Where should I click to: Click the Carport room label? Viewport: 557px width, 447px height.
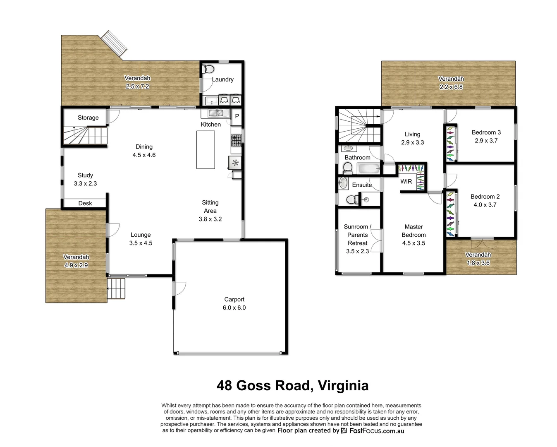point(234,299)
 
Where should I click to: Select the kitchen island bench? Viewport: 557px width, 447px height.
point(206,149)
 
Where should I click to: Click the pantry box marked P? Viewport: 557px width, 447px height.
point(237,116)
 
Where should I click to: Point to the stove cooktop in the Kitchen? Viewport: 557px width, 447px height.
point(236,141)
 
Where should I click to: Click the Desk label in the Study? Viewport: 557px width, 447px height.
point(85,203)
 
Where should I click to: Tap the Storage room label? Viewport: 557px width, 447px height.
point(88,118)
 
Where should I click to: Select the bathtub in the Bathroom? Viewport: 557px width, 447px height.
point(369,169)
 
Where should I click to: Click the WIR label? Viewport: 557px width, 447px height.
point(406,181)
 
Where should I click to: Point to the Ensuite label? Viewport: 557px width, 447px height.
point(362,185)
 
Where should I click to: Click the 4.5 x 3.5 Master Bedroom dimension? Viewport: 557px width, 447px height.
point(414,243)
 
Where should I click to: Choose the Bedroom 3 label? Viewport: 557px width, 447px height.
point(486,132)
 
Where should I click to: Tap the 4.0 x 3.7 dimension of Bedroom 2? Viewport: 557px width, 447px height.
point(485,204)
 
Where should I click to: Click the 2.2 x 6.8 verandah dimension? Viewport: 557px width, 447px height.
point(451,87)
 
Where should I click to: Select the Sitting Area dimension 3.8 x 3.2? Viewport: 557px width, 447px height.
point(210,219)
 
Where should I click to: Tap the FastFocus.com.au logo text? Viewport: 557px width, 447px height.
point(376,431)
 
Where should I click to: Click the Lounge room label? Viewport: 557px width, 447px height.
point(141,235)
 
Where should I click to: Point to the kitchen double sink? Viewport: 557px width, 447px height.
point(215,113)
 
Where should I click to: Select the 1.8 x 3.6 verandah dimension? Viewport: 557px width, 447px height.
point(478,263)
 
